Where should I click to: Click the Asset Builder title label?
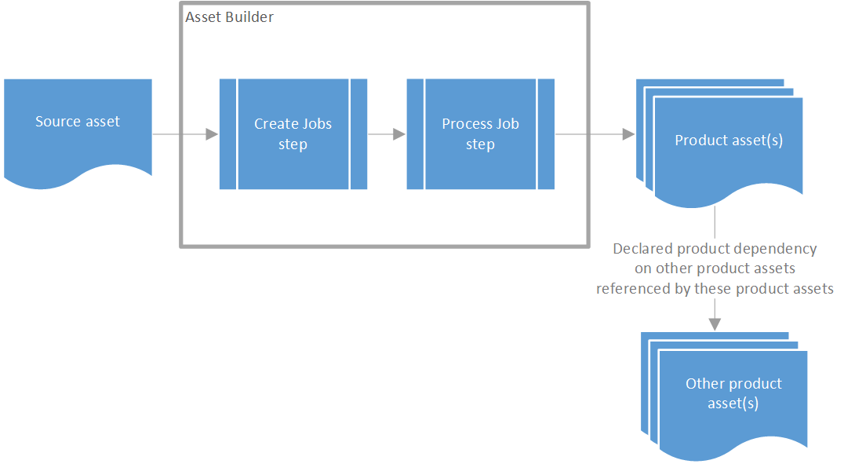click(x=229, y=17)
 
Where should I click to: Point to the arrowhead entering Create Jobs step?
click(x=212, y=134)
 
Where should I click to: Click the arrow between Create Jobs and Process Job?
click(x=387, y=134)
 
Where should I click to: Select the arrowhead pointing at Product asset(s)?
click(x=628, y=134)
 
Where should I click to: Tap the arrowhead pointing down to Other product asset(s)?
click(x=715, y=323)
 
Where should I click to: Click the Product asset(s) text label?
click(x=729, y=141)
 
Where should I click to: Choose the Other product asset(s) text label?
click(x=733, y=393)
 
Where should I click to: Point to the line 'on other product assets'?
click(x=715, y=269)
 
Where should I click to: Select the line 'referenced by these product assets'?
click(x=715, y=289)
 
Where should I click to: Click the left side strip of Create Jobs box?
click(x=227, y=134)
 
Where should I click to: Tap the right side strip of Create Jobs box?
click(x=358, y=134)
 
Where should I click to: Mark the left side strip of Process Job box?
click(x=415, y=134)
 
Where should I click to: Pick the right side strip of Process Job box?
click(x=546, y=134)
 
